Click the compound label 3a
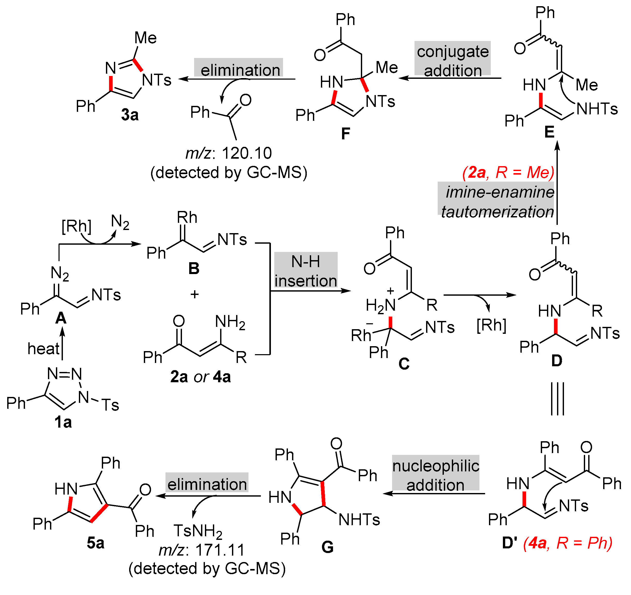[x=130, y=115]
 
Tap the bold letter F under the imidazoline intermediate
[x=346, y=133]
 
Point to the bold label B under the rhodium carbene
[x=194, y=269]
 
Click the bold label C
[x=404, y=364]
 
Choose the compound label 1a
[x=63, y=422]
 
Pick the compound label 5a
[x=96, y=543]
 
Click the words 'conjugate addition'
[x=453, y=61]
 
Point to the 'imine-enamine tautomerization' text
[x=497, y=202]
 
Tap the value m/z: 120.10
[x=229, y=154]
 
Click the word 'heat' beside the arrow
[x=44, y=349]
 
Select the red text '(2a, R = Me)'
[x=508, y=173]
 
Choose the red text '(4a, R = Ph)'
[x=568, y=543]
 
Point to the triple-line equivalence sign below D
[x=557, y=399]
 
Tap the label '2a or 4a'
[x=200, y=377]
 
